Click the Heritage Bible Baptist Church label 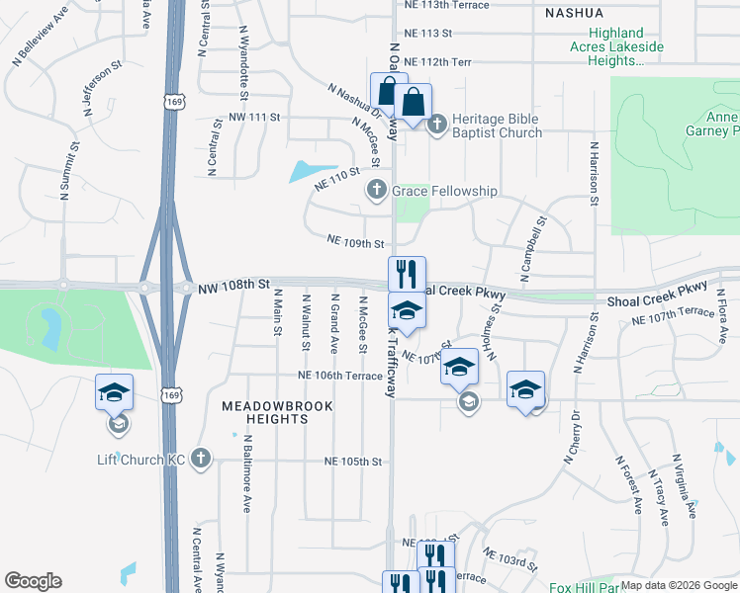tap(497, 126)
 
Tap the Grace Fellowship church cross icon tap(376, 190)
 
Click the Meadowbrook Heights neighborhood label tap(264, 412)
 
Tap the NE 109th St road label tap(355, 241)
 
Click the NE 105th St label tap(354, 462)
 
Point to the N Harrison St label tap(594, 174)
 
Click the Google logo tap(33, 581)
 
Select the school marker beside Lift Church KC tap(114, 393)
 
